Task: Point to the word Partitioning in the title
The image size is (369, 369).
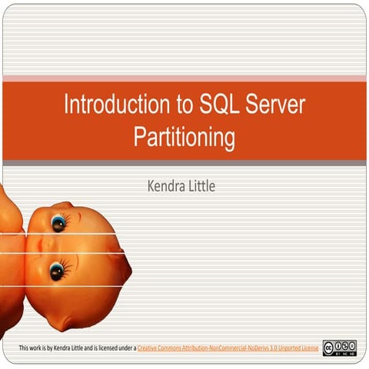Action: (x=184, y=137)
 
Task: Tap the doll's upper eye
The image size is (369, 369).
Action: (x=58, y=224)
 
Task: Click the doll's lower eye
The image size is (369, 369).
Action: (x=57, y=271)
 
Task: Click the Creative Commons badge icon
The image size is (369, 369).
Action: (x=339, y=347)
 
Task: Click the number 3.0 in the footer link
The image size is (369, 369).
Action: (x=269, y=348)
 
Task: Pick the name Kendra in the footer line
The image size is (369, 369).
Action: (x=64, y=348)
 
